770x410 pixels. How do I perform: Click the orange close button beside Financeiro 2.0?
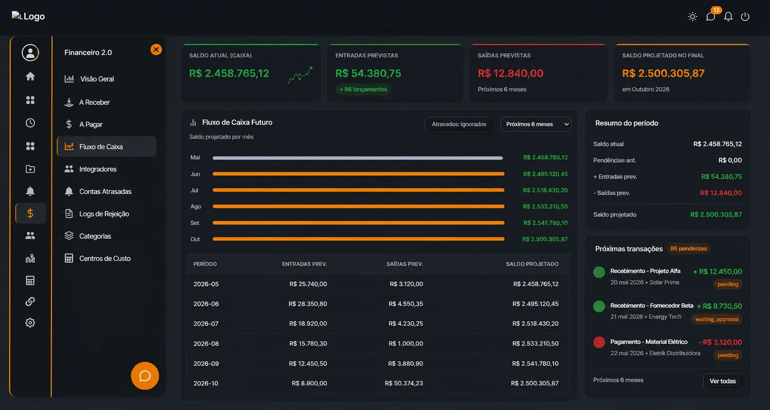(x=156, y=50)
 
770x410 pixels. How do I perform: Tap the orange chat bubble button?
(x=145, y=375)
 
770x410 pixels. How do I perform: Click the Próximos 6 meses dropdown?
(x=536, y=124)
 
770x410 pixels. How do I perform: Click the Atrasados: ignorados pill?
(x=459, y=124)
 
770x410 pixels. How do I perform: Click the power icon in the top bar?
(x=745, y=17)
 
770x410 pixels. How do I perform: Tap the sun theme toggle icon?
(x=693, y=17)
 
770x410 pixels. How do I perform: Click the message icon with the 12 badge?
(x=710, y=17)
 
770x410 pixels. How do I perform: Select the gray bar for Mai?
(x=357, y=158)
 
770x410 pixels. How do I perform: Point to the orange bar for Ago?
(x=358, y=207)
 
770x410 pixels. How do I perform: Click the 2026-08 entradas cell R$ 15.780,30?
(x=308, y=344)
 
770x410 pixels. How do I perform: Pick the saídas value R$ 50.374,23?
(x=404, y=383)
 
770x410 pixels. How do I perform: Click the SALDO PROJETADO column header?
(x=532, y=264)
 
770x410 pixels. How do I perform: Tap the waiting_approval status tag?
(x=717, y=319)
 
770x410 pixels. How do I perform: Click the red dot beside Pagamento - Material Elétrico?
(x=599, y=342)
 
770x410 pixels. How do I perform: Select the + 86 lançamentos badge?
(x=363, y=89)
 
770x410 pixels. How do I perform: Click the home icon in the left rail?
(x=30, y=77)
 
